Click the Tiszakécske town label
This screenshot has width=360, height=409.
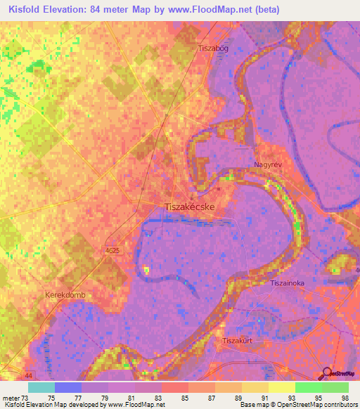point(189,207)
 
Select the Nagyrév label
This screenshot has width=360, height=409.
point(267,164)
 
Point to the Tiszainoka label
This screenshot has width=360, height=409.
point(287,283)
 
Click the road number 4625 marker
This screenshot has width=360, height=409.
point(112,250)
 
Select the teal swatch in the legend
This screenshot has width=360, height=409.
point(41,387)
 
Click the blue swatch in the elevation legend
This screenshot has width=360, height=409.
point(68,387)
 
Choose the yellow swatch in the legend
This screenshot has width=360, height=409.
point(282,387)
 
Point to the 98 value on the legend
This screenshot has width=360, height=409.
point(345,398)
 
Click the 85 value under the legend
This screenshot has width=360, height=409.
point(184,398)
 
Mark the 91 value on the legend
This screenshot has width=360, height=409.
point(264,398)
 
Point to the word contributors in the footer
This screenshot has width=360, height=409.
point(335,405)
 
